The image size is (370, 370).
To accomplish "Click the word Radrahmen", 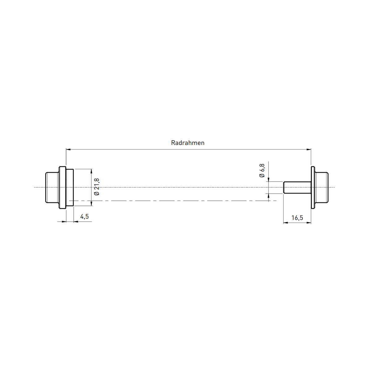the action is click(187, 143).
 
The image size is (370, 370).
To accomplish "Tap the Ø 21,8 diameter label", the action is click(97, 187).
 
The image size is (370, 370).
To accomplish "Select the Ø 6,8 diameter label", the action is click(262, 171).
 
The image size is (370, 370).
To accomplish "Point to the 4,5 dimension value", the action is click(84, 216).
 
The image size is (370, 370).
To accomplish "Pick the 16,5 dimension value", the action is click(297, 218).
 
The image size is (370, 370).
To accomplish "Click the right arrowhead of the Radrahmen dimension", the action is click(309, 149).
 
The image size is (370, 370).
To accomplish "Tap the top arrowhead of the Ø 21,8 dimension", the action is click(91, 171).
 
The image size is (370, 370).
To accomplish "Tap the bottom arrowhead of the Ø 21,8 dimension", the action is click(91, 203).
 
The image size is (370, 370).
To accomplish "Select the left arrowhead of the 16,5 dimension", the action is click(286, 223).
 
